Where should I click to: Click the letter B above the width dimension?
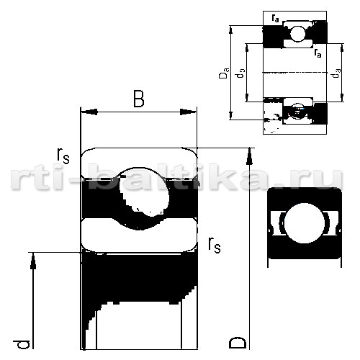tap(139, 99)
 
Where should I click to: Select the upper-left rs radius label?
tap(63, 156)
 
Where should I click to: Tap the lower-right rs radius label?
tap(215, 246)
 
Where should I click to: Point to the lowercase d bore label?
tap(22, 344)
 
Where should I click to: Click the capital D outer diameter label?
tap(238, 343)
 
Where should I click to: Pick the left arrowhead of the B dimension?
tap(89, 112)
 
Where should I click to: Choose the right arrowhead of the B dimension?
tap(188, 112)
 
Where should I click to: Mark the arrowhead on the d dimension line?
tap(33, 261)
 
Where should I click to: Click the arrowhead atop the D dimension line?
tap(250, 156)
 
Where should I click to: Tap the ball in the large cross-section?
tap(144, 193)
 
